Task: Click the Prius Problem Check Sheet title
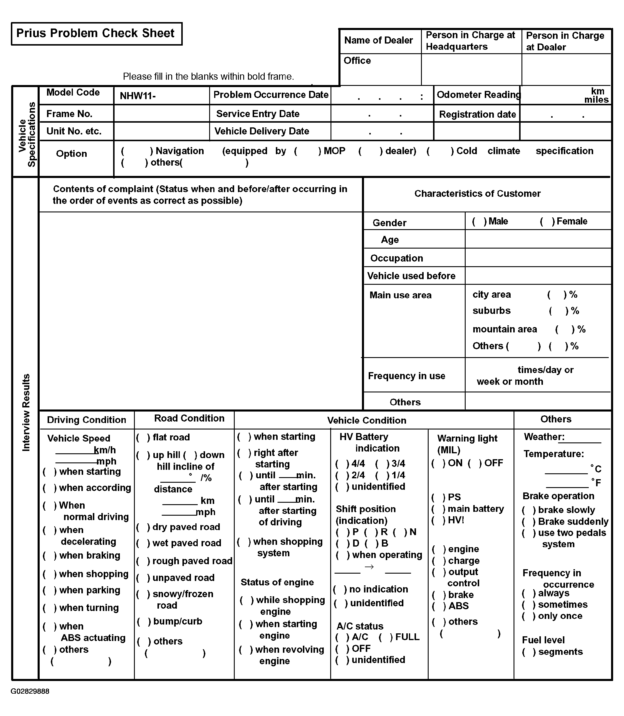(x=95, y=34)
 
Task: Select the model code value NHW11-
(x=137, y=96)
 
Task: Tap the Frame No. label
(x=69, y=114)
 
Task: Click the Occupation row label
(x=397, y=258)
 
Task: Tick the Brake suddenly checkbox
(x=529, y=522)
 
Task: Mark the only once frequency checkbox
(x=529, y=616)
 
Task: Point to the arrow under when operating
(x=369, y=567)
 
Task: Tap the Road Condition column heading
(x=189, y=418)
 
